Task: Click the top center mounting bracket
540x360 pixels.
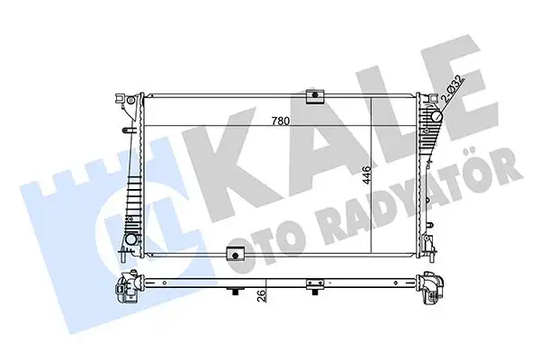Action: (x=314, y=96)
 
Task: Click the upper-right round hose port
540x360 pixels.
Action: (x=437, y=115)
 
